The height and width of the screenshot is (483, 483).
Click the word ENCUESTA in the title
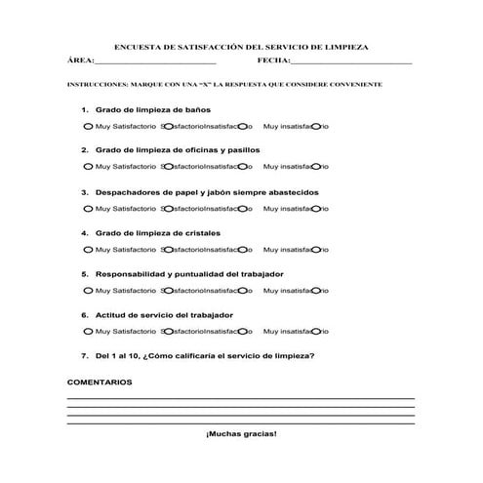tap(138, 46)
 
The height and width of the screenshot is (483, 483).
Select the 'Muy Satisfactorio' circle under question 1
tap(88, 127)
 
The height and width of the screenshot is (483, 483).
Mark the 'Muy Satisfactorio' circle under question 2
tap(88, 168)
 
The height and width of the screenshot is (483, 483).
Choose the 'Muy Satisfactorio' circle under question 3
tap(88, 209)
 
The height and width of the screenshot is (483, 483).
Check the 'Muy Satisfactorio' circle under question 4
tap(88, 250)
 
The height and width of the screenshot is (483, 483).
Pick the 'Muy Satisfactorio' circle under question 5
tap(88, 291)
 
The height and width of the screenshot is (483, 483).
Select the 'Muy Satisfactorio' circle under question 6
tap(88, 332)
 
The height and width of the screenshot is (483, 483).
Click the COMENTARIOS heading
tap(100, 382)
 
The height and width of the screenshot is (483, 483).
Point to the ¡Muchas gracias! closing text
tap(241, 433)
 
